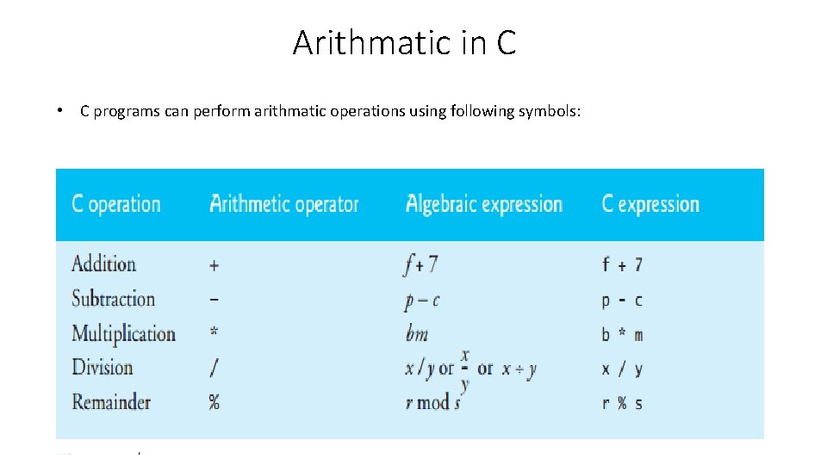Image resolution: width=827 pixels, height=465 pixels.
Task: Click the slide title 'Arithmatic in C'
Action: (404, 42)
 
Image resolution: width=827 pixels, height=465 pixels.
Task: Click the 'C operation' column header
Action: (115, 205)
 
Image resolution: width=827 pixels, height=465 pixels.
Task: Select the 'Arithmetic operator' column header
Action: (284, 205)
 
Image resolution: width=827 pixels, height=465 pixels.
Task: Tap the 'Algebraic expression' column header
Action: (484, 205)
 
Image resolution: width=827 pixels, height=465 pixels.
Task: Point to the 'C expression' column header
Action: (650, 205)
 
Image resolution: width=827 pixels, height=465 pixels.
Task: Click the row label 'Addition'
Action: (103, 264)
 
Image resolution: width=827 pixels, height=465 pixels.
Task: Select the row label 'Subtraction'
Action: (113, 299)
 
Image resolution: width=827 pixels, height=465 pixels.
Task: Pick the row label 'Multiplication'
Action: (123, 333)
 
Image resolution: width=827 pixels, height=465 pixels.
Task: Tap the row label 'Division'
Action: (102, 368)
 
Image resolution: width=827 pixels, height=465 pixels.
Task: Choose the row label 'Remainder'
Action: (110, 402)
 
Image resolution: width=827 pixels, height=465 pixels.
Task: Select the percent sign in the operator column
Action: (214, 403)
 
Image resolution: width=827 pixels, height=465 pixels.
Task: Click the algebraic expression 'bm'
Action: (416, 334)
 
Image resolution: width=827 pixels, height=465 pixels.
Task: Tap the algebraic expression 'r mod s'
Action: (432, 403)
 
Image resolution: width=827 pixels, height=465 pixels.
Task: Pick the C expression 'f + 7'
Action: (621, 265)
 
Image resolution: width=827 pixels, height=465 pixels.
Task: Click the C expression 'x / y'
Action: (621, 369)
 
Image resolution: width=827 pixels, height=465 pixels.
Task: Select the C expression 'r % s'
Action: (621, 403)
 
